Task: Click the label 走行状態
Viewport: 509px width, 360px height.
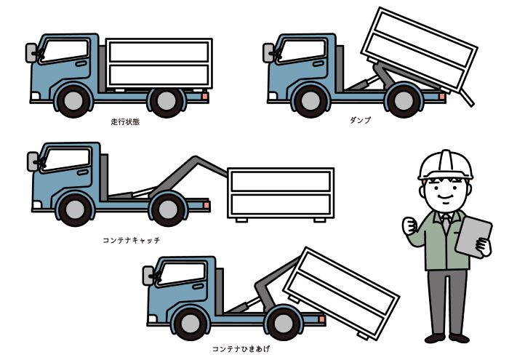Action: [125, 121]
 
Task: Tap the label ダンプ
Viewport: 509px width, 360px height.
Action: [361, 120]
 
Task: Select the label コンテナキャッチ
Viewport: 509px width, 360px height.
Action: [132, 240]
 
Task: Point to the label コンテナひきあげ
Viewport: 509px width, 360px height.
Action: [241, 349]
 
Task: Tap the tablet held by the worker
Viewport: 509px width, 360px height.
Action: [473, 237]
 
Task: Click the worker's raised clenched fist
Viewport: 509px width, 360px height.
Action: [409, 226]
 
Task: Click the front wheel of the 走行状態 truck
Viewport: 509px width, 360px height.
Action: [73, 100]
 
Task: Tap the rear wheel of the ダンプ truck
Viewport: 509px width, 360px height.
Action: [404, 100]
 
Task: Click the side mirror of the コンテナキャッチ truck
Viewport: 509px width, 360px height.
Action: [33, 161]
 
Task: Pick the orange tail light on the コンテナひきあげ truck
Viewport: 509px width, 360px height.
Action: [321, 319]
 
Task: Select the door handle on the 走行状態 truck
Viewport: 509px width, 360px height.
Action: [81, 63]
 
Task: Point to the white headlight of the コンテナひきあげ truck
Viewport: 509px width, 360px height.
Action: [152, 319]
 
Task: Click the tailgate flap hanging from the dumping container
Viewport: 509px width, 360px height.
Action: [467, 97]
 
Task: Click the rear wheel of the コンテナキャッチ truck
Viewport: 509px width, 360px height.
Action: [168, 209]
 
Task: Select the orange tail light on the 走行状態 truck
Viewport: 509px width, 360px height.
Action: [205, 96]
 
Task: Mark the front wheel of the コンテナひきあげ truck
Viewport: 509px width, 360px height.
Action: [191, 324]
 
